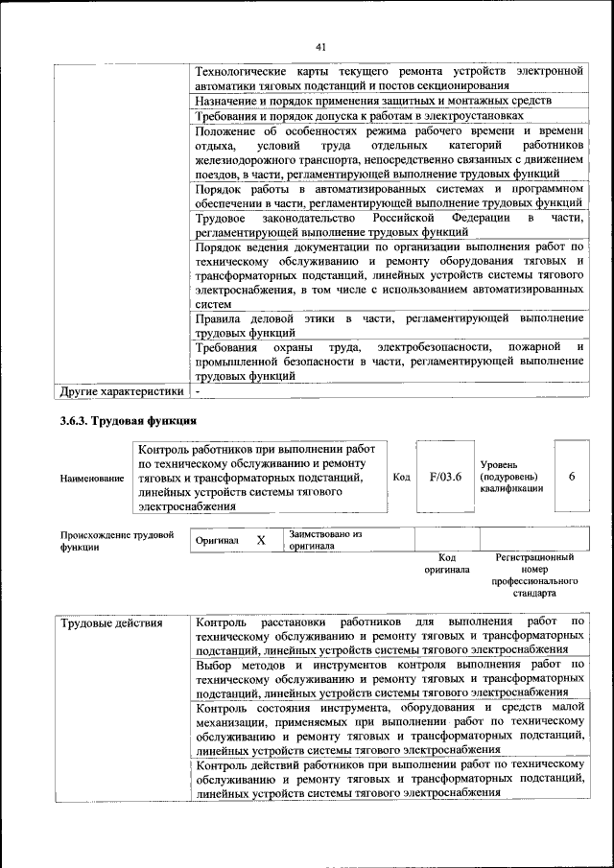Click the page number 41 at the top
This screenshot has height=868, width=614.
click(320, 45)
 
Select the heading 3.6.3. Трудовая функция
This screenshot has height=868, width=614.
click(128, 421)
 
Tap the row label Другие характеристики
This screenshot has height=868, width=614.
click(121, 391)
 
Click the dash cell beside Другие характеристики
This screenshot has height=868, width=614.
click(198, 391)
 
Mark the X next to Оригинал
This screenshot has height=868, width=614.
click(260, 540)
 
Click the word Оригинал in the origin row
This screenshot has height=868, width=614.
click(217, 541)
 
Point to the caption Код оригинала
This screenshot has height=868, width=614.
click(446, 563)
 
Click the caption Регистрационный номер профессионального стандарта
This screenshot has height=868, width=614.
click(534, 575)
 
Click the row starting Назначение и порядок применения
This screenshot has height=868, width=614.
click(372, 101)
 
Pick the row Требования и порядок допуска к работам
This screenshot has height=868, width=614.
click(359, 116)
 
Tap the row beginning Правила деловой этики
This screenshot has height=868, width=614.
click(388, 324)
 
